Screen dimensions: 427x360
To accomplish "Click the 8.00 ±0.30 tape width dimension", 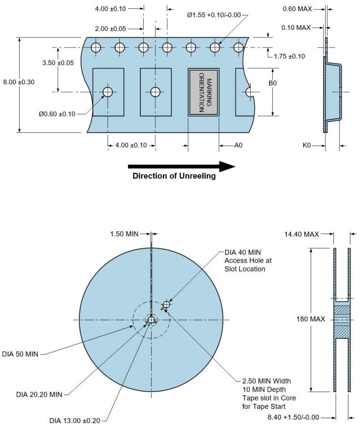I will pyautogui.click(x=19, y=82).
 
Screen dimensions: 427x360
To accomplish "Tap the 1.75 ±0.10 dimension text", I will pyautogui.click(x=289, y=56).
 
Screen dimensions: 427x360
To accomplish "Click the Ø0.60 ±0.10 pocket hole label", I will pyautogui.click(x=57, y=114).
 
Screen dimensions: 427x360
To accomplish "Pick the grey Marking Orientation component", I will pyautogui.click(x=204, y=92).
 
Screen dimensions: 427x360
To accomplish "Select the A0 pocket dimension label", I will pyautogui.click(x=239, y=145).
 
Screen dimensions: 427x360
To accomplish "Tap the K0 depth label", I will pyautogui.click(x=308, y=145).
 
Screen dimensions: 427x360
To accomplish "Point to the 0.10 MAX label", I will pyautogui.click(x=297, y=27).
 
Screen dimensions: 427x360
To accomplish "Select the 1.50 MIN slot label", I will pyautogui.click(x=125, y=234).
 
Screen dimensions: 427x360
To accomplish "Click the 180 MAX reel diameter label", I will pyautogui.click(x=308, y=319).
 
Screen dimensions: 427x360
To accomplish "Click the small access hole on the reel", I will pyautogui.click(x=167, y=304).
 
